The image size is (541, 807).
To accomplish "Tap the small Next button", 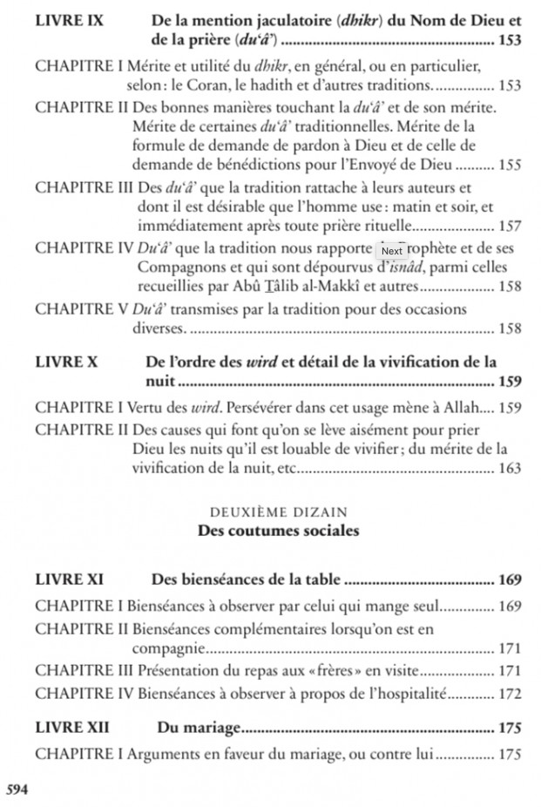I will coord(392,251).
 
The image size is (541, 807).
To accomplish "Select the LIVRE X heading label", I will coord(66,361).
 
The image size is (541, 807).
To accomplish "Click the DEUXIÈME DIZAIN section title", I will coord(279,512).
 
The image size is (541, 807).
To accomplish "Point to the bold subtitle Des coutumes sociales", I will coord(279,530).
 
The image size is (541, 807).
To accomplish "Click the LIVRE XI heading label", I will coord(69,579).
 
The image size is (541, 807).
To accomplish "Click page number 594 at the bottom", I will coord(17,789).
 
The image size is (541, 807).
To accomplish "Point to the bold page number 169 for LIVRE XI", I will coord(510,580).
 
